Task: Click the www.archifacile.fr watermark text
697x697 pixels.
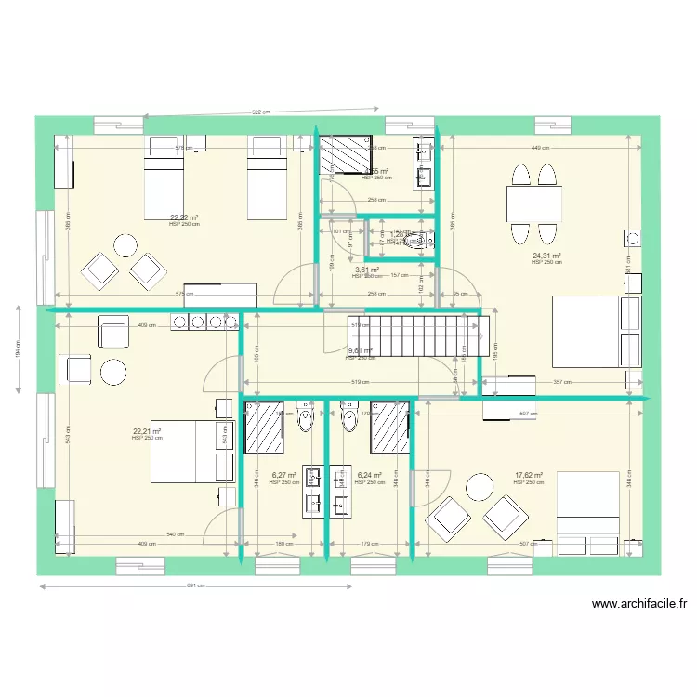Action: click(x=638, y=604)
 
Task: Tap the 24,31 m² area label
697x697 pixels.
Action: click(x=546, y=256)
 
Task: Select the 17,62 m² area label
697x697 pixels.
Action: click(x=528, y=475)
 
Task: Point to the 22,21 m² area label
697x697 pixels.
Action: click(x=147, y=431)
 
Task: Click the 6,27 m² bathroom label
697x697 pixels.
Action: click(x=283, y=475)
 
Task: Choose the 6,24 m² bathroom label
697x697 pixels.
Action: click(x=370, y=475)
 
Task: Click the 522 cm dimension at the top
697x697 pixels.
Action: click(x=260, y=112)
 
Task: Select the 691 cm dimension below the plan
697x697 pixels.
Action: click(x=195, y=586)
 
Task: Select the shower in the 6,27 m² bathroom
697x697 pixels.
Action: click(x=263, y=427)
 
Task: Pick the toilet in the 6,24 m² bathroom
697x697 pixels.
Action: click(x=349, y=421)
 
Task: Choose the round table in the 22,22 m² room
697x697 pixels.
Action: click(x=125, y=245)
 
